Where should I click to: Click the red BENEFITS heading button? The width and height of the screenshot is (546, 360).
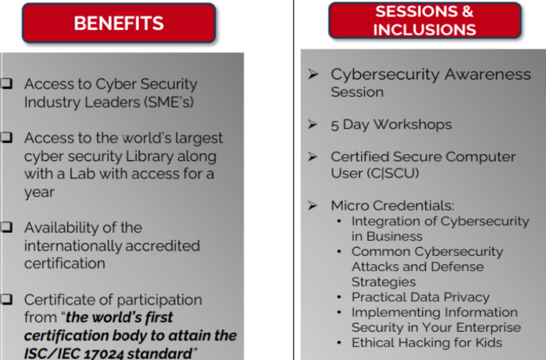tap(118, 23)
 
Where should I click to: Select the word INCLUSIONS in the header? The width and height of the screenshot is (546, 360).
tap(425, 29)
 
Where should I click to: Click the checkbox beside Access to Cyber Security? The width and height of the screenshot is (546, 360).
tap(7, 83)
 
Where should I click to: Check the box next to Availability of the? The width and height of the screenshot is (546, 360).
tap(7, 227)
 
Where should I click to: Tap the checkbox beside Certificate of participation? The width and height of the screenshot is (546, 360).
tap(7, 299)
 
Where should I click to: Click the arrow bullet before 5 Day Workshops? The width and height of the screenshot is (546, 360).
tap(313, 124)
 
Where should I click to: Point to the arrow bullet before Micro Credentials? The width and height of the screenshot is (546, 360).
tap(313, 205)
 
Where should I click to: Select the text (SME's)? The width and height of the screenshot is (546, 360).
tap(168, 103)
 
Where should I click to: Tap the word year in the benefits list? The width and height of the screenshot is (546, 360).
tap(39, 193)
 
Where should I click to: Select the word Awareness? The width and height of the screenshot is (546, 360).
tap(488, 74)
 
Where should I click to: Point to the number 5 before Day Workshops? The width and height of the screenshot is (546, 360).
tap(335, 125)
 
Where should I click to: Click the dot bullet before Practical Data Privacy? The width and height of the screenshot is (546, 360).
tap(340, 297)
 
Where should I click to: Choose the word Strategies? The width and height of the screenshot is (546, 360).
tap(384, 282)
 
